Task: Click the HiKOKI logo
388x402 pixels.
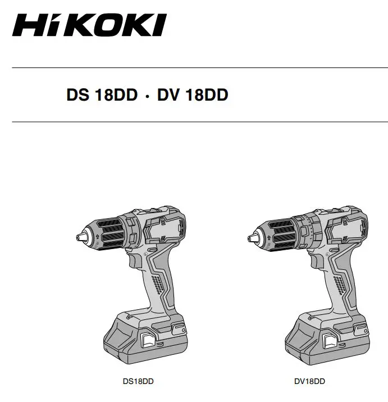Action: click(x=89, y=26)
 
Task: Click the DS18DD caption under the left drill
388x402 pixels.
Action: click(x=138, y=382)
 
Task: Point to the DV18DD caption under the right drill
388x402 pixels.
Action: click(x=309, y=382)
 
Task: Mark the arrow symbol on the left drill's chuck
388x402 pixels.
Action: click(x=99, y=238)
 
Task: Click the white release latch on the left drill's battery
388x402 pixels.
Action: click(x=149, y=339)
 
